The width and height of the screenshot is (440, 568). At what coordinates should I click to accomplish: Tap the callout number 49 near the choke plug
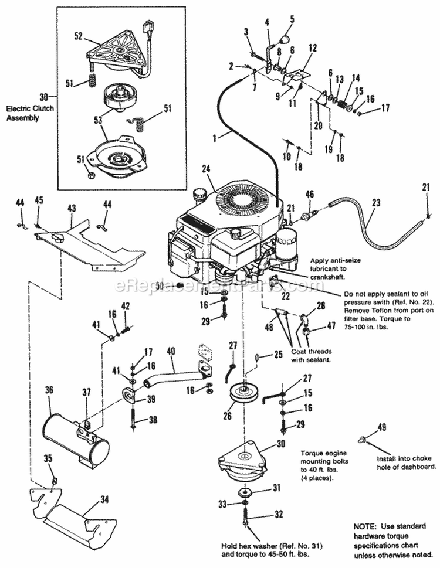pos(382,427)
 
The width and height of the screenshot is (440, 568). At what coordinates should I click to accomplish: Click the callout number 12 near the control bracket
pos(312,47)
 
